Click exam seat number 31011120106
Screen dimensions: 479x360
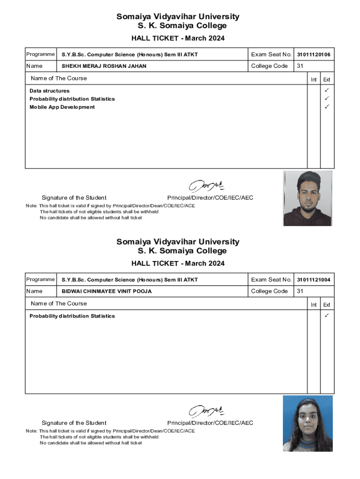pyautogui.click(x=313, y=55)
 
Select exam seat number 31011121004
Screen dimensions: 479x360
pyautogui.click(x=313, y=280)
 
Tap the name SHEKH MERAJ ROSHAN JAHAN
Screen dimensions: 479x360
pyautogui.click(x=104, y=66)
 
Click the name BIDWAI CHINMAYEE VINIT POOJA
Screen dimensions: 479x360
pyautogui.click(x=107, y=291)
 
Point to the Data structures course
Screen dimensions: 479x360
pyautogui.click(x=50, y=91)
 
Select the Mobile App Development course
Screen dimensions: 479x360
pyautogui.click(x=62, y=107)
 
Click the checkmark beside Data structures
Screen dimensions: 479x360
pyautogui.click(x=327, y=90)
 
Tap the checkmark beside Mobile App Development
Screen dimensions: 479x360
pyautogui.click(x=327, y=107)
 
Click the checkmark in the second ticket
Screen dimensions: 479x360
pyautogui.click(x=327, y=316)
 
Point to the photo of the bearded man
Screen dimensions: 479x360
pyautogui.click(x=308, y=198)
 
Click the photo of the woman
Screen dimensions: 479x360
pyautogui.click(x=308, y=423)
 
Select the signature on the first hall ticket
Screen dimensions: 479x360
pyautogui.click(x=206, y=186)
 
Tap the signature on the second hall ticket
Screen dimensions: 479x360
pyautogui.click(x=206, y=411)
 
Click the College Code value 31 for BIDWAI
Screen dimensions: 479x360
pyautogui.click(x=300, y=291)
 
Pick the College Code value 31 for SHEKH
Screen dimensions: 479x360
pyautogui.click(x=300, y=66)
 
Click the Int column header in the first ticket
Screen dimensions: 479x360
pyautogui.click(x=314, y=80)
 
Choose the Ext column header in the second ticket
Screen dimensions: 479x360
pyautogui.click(x=327, y=305)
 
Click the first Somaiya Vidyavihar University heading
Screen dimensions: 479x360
pyautogui.click(x=178, y=17)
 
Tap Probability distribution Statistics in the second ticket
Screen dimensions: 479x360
pyautogui.click(x=72, y=316)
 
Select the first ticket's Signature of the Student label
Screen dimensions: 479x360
pyautogui.click(x=74, y=197)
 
